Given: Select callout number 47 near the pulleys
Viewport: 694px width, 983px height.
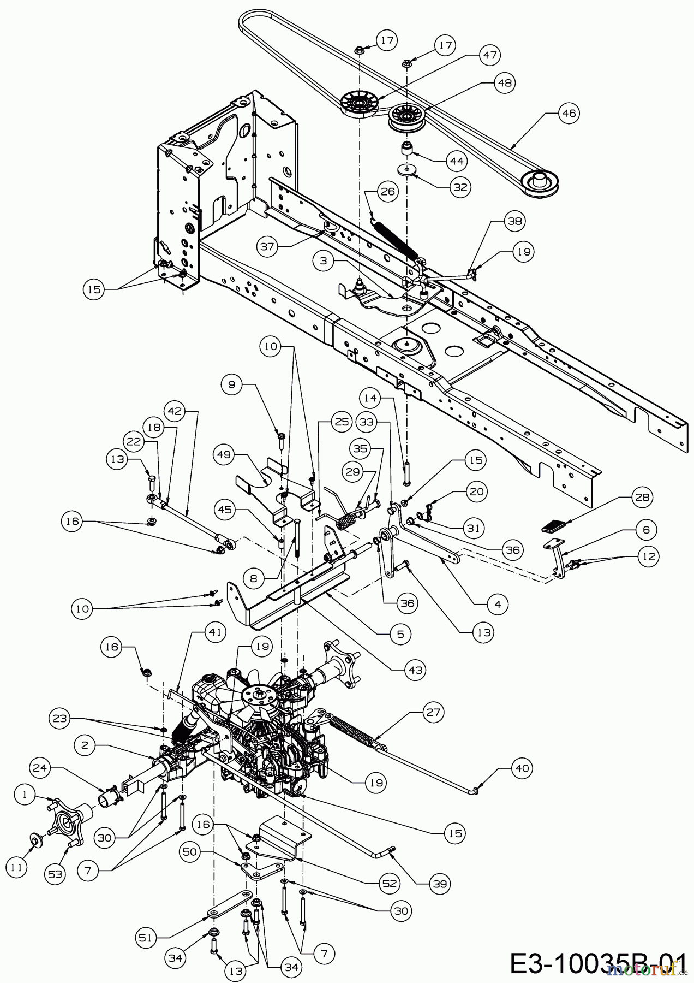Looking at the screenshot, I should [489, 55].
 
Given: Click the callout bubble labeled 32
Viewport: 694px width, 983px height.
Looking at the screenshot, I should [460, 186].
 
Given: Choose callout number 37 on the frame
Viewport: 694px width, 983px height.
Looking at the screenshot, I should [268, 247].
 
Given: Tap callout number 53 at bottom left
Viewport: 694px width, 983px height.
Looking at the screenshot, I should [56, 874].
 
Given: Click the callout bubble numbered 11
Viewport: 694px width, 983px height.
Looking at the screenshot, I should [17, 867].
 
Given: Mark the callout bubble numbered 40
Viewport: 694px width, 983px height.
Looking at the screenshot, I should [523, 768].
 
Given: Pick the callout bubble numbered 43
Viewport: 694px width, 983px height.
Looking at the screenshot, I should [416, 670].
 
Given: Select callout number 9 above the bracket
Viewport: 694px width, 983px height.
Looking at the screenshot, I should [232, 384].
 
